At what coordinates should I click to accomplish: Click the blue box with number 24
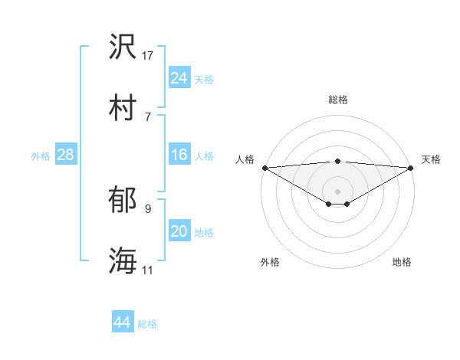point(179,78)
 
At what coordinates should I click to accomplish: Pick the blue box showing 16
point(179,155)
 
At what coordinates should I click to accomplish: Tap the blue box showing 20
point(179,232)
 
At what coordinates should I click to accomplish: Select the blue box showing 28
point(66,155)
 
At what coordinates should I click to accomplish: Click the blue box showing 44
point(122,323)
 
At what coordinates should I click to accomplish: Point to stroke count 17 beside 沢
point(149,55)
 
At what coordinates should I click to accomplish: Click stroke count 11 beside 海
point(148,270)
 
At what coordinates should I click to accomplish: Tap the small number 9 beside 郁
point(148,208)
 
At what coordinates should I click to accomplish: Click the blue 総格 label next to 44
point(147,324)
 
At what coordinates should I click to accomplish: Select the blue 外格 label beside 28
point(41,156)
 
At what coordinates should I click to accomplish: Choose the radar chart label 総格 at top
point(338,100)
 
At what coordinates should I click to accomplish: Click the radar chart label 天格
point(432,159)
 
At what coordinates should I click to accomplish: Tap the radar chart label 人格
point(245,159)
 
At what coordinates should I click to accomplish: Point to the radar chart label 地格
point(402,262)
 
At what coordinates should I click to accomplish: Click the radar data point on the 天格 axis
point(412,168)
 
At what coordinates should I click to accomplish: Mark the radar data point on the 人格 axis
point(264,168)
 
